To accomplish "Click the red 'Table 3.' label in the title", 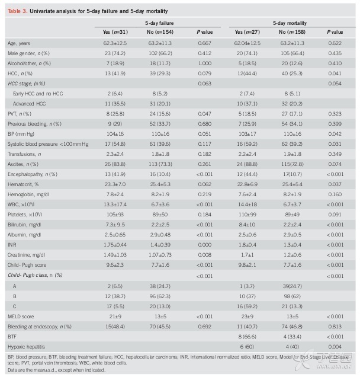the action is (x=18, y=11).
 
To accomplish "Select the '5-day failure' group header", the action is (x=159, y=23).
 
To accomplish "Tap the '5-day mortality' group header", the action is (x=290, y=23).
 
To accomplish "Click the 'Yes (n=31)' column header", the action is (x=115, y=32).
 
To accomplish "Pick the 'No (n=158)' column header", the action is (x=292, y=32).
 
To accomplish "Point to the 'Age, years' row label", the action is (x=19, y=43).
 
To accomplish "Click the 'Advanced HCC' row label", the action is (x=29, y=104).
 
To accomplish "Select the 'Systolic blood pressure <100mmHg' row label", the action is (x=48, y=144).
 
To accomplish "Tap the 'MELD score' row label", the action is (x=21, y=317).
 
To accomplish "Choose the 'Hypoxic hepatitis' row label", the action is (x=26, y=347).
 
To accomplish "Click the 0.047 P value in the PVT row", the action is (x=205, y=114).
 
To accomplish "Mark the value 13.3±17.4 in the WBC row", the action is (x=115, y=205).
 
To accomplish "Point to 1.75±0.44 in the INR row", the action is (x=115, y=245).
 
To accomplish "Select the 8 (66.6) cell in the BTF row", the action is (x=247, y=337).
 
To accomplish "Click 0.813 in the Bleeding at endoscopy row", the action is (x=335, y=327).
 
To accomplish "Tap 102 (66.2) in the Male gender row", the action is (x=160, y=53).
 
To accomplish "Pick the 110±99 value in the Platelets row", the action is (x=247, y=215).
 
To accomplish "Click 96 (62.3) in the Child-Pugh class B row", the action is (x=160, y=296).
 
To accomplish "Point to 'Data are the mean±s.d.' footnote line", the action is (x=56, y=370).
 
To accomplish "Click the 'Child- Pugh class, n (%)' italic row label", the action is (x=35, y=275).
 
